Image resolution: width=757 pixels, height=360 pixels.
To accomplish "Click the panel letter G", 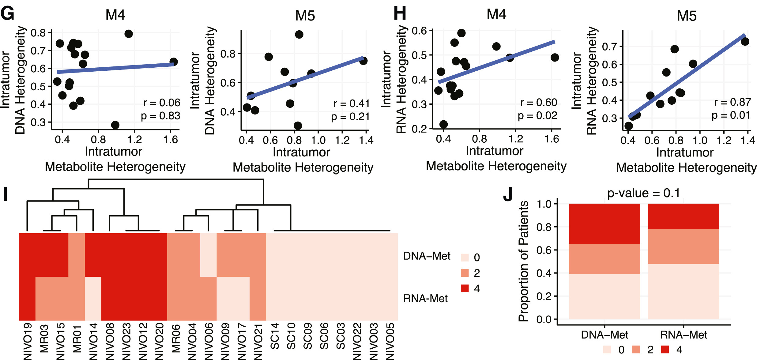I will point(8,13).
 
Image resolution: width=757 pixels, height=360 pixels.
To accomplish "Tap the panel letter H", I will point(400,13).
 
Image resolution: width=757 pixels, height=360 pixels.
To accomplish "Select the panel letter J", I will point(508,194).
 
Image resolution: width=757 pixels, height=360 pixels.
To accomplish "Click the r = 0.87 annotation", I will point(732,102).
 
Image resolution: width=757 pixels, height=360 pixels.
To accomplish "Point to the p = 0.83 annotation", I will point(160,116).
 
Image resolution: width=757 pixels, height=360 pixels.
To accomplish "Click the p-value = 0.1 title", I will point(643,193).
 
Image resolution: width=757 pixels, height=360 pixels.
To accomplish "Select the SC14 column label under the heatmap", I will point(275,336).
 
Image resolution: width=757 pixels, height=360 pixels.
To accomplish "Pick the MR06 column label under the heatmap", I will point(176,339).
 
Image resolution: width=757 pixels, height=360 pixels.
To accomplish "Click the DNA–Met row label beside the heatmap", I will point(427,256).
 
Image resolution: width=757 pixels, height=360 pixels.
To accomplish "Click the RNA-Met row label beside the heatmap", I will point(425,298).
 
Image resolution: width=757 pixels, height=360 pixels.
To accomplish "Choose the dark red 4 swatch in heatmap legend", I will point(465,288).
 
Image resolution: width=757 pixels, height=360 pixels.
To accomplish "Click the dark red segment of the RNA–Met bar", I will point(683,216).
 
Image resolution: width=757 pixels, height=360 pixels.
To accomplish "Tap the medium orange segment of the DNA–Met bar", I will point(604,259).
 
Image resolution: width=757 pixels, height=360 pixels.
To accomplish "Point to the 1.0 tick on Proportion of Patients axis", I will point(544,204).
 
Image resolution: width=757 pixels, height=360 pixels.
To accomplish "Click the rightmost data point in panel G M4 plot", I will point(174,62).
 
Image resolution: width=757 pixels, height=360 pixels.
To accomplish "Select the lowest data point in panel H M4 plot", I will point(443,124).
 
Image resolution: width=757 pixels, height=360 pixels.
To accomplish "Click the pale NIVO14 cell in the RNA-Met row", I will point(93,298).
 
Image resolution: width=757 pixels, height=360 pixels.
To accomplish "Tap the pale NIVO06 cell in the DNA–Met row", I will point(209,255).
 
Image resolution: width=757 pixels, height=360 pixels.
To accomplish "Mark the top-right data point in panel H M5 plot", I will point(745,42).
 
